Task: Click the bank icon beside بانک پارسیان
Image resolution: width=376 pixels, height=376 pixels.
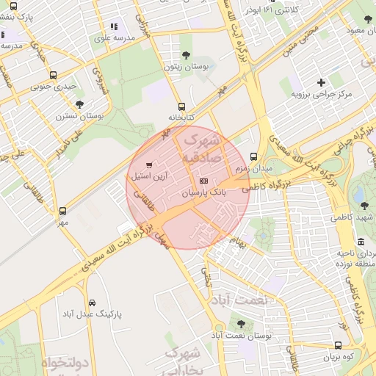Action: pyautogui.click(x=203, y=181)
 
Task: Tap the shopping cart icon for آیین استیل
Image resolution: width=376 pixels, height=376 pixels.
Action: pyautogui.click(x=150, y=165)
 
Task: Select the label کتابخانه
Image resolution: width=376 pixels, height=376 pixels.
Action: pyautogui.click(x=181, y=117)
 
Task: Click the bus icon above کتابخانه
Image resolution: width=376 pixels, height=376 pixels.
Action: pyautogui.click(x=181, y=106)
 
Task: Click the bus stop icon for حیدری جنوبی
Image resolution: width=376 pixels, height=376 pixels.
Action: pyautogui.click(x=52, y=75)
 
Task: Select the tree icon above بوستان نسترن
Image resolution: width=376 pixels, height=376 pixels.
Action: pyautogui.click(x=79, y=104)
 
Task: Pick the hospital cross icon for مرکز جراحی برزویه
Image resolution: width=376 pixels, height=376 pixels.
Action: pyautogui.click(x=321, y=82)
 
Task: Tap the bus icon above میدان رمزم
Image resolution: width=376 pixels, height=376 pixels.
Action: pyautogui.click(x=254, y=156)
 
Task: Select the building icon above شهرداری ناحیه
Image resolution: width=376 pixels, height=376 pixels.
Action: pyautogui.click(x=361, y=242)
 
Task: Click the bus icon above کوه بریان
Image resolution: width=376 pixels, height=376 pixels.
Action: pyautogui.click(x=338, y=345)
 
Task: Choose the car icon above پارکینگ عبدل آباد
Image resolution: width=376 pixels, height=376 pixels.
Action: pyautogui.click(x=92, y=303)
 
